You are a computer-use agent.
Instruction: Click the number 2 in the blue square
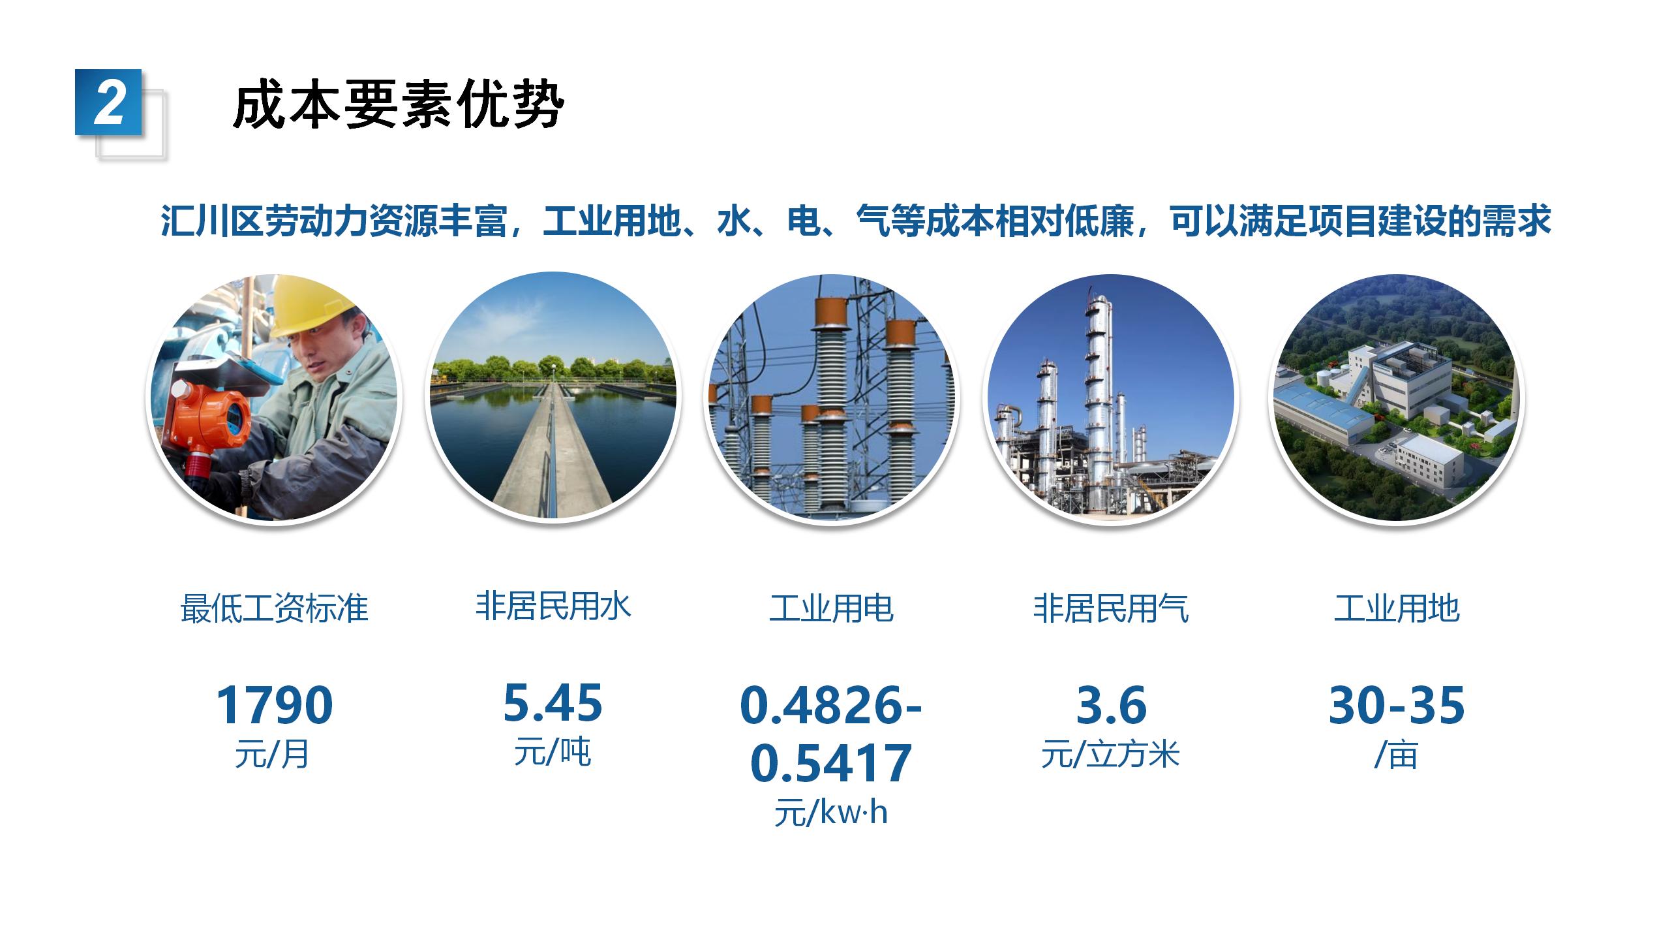coord(109,102)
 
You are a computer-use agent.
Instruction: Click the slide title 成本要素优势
coord(399,104)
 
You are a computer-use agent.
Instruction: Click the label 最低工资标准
coord(274,608)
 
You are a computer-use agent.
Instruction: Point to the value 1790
coord(274,705)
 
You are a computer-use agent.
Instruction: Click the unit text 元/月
coord(272,755)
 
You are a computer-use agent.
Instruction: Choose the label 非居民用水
coord(553,606)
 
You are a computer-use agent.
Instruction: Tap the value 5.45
coord(553,703)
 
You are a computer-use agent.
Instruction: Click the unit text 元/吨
coord(553,752)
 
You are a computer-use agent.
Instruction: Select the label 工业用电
coord(831,608)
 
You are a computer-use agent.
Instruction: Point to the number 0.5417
coord(831,763)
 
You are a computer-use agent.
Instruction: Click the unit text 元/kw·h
coord(831,813)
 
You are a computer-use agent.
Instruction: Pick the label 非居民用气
coord(1111,608)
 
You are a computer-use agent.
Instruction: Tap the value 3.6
coord(1111,705)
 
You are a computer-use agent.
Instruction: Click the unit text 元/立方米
coord(1110,755)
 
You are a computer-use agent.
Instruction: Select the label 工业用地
coord(1397,608)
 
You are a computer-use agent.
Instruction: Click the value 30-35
coord(1397,705)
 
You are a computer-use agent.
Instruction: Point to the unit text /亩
coord(1396,755)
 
